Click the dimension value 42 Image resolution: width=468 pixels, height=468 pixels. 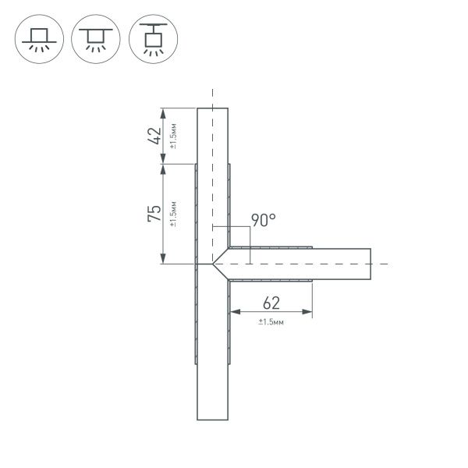155,136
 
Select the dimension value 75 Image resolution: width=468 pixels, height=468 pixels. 155,214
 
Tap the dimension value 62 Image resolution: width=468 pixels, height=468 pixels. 271,303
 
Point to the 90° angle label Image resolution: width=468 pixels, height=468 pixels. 263,221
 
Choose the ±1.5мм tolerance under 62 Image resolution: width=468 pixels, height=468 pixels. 271,322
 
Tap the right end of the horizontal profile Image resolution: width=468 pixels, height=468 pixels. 371,264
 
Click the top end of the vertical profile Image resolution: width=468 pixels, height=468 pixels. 212,108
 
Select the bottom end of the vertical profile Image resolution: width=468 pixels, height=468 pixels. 212,420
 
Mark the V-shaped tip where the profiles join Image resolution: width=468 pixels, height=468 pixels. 213,264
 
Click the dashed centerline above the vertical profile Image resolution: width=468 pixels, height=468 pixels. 212,97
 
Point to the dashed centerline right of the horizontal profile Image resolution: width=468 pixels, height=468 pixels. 380,264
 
